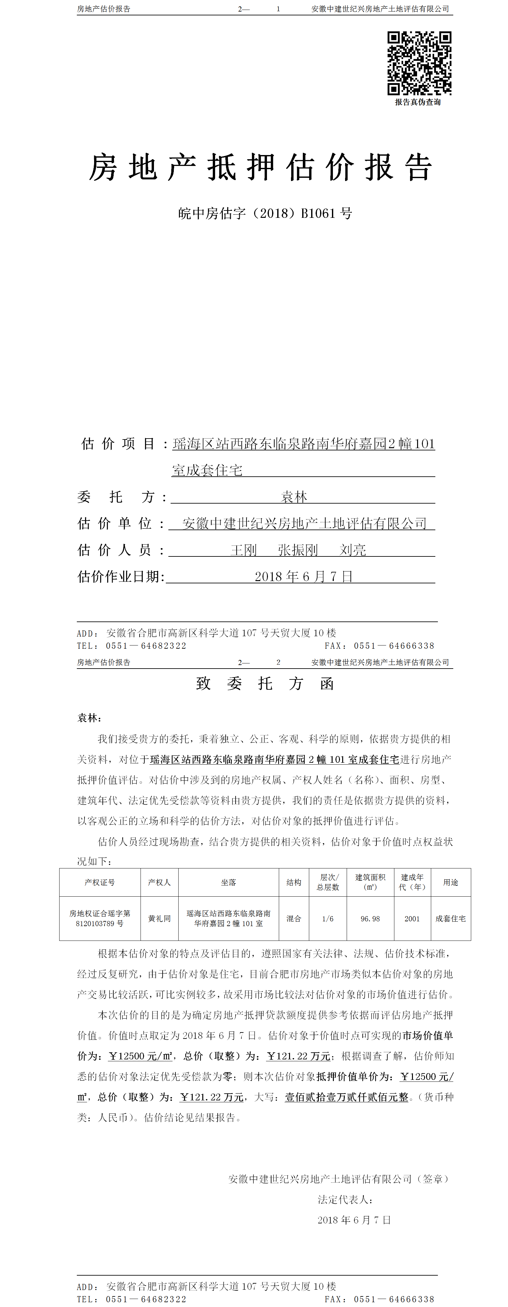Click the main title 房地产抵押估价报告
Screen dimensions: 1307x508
pos(261,168)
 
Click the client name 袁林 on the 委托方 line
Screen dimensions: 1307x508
pos(294,497)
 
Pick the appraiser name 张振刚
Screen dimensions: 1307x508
pos(298,550)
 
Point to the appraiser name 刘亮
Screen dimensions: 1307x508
pos(352,550)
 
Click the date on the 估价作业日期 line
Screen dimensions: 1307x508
pos(303,576)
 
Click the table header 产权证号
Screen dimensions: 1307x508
pos(100,882)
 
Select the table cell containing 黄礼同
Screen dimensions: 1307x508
pos(159,918)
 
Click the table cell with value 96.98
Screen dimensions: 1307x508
pos(370,918)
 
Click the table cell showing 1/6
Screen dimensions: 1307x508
pos(328,918)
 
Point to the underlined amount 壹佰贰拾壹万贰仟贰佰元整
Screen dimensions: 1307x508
pos(346,1097)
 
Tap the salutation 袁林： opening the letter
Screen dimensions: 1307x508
pos(90,718)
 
